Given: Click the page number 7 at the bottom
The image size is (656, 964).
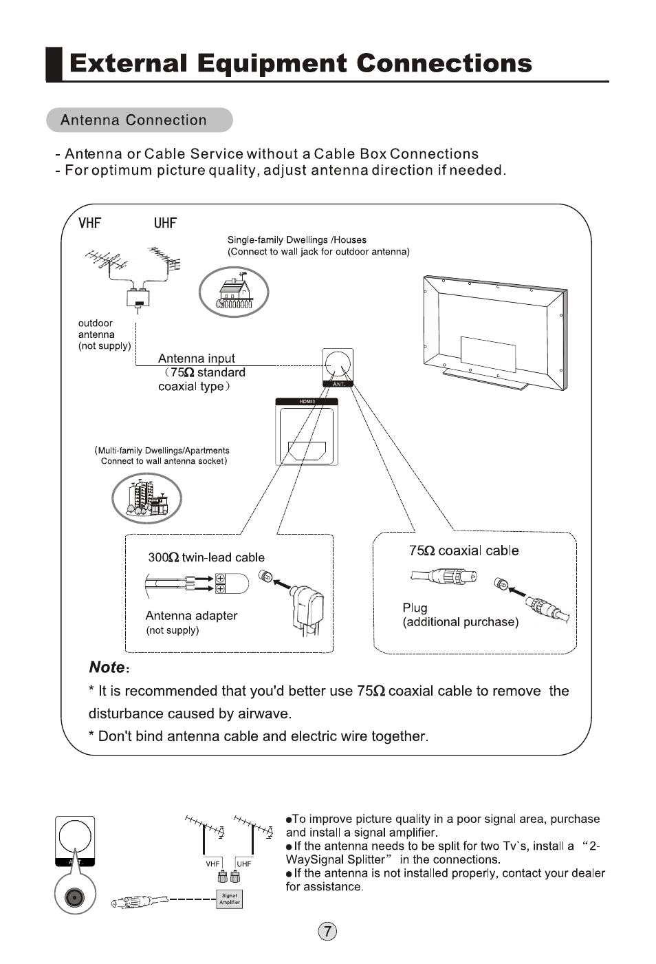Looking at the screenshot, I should point(327,932).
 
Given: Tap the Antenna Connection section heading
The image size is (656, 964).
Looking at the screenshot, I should point(133,120).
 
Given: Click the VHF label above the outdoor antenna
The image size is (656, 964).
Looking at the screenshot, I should point(89,223).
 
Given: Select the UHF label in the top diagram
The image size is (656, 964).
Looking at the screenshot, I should point(165,223).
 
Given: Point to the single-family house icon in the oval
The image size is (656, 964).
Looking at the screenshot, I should point(234,292).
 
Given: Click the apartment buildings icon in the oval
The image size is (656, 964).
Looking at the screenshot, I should point(146,498).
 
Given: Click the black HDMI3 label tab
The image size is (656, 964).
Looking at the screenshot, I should point(307,402).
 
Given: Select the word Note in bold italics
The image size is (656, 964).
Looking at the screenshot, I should point(107,667).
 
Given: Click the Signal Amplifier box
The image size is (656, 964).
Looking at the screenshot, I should point(230,899).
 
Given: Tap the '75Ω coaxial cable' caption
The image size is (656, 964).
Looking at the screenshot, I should point(464,550).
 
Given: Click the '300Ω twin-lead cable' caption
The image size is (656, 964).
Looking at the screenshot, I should point(206,557).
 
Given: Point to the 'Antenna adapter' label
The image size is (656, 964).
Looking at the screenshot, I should point(191,616).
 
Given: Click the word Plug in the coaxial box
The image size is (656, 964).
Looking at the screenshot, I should point(415,608).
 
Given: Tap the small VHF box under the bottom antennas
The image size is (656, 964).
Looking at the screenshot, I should point(212,864).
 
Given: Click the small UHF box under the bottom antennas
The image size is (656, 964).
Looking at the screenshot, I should point(243,864).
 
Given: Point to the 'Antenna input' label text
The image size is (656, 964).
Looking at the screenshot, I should point(196,358).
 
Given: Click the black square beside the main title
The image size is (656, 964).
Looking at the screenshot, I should point(54,64).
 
